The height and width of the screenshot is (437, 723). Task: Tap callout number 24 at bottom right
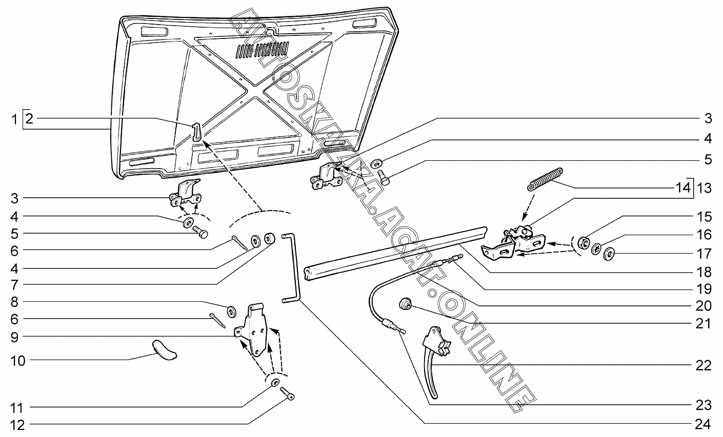tap(703, 424)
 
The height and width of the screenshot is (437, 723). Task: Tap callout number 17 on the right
tap(704, 253)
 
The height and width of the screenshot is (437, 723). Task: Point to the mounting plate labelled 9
tap(255, 331)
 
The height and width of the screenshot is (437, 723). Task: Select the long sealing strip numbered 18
tap(395, 248)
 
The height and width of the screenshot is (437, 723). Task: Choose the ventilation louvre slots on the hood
tap(262, 50)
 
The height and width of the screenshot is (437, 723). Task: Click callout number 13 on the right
tap(704, 189)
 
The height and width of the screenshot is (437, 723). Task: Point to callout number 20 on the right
tap(704, 306)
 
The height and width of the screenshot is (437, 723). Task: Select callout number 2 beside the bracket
tap(30, 119)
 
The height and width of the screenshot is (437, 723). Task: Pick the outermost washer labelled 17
tap(608, 254)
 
